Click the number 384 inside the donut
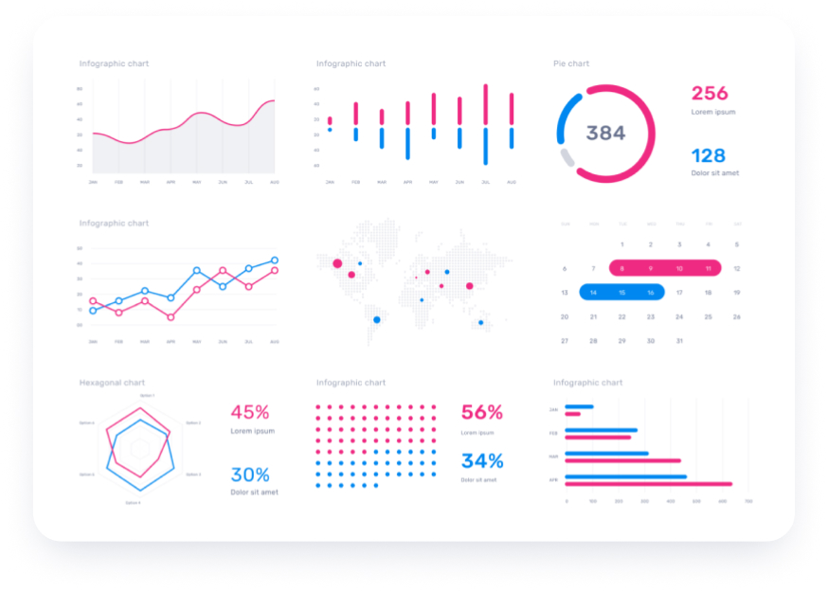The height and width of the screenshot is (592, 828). (x=605, y=134)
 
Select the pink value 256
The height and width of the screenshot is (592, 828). (x=710, y=93)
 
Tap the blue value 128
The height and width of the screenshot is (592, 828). (x=708, y=155)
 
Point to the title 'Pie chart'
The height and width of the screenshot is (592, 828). (x=571, y=63)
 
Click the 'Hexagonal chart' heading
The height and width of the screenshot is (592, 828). (x=112, y=383)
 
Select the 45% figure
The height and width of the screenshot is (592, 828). (x=250, y=412)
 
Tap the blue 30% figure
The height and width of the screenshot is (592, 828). (x=250, y=475)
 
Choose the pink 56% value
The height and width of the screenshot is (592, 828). (x=482, y=412)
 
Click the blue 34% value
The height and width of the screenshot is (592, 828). (x=482, y=461)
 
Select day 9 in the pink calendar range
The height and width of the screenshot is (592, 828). (x=651, y=269)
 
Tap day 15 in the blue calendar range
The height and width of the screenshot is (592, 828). (x=622, y=293)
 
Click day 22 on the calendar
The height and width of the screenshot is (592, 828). (x=622, y=317)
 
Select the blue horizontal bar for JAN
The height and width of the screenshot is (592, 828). (x=579, y=407)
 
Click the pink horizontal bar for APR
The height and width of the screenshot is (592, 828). (x=648, y=484)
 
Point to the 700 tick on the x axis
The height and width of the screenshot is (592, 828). (x=748, y=501)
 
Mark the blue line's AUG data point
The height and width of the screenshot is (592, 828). (x=275, y=260)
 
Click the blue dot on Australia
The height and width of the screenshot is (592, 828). (x=480, y=323)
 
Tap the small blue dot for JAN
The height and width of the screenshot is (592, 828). (x=330, y=130)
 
